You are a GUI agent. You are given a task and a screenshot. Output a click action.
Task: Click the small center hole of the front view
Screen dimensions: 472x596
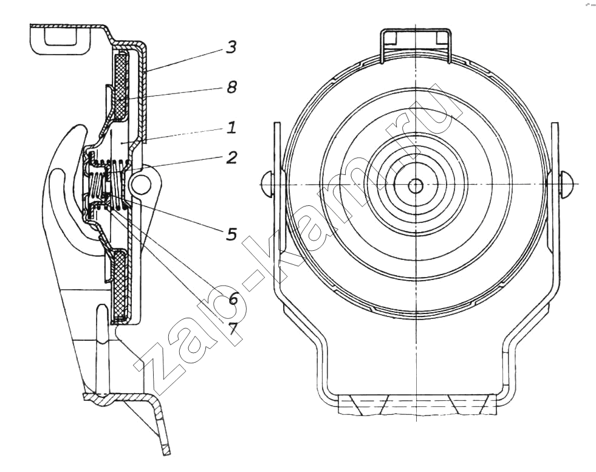415,185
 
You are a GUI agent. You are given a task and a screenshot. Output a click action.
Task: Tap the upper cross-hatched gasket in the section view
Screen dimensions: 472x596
120,85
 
